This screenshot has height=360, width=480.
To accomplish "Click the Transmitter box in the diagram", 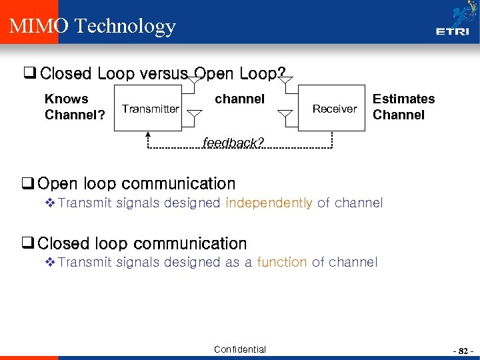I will pyautogui.click(x=151, y=109).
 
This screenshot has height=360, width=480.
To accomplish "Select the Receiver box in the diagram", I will pyautogui.click(x=335, y=109).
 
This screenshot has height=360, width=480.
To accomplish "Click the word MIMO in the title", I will pyautogui.click(x=39, y=26).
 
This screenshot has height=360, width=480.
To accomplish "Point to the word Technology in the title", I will pyautogui.click(x=125, y=26).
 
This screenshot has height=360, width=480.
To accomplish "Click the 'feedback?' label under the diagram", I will pyautogui.click(x=233, y=143).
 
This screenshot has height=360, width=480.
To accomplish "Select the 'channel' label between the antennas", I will pyautogui.click(x=239, y=99).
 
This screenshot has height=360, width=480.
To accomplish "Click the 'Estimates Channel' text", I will pyautogui.click(x=403, y=107).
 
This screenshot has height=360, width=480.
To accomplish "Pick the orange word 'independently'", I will pyautogui.click(x=269, y=203).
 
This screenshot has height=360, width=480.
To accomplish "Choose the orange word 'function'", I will pyautogui.click(x=281, y=263).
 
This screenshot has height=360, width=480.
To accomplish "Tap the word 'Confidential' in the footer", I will pyautogui.click(x=240, y=349).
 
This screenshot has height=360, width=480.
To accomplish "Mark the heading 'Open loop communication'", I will pyautogui.click(x=137, y=183).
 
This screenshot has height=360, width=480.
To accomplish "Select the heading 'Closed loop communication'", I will pyautogui.click(x=142, y=243).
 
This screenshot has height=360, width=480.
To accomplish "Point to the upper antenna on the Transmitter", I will pyautogui.click(x=193, y=83).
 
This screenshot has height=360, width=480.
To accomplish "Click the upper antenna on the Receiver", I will pyautogui.click(x=285, y=83).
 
